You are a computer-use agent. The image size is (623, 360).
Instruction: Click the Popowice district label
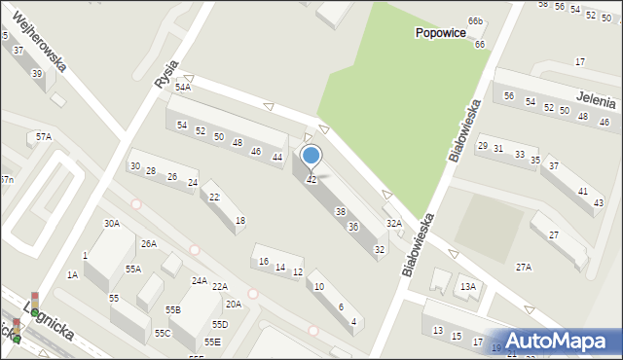[x=439, y=32]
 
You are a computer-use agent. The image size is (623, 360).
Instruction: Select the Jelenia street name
[x=595, y=100]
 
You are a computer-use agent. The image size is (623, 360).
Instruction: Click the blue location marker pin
[x=311, y=156]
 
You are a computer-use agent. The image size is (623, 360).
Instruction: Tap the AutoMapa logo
[x=564, y=341]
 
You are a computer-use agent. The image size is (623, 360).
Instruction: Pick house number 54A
[x=183, y=88]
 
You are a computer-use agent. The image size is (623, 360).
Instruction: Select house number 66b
[x=475, y=20]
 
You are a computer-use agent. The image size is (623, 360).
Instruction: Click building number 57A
[x=44, y=137]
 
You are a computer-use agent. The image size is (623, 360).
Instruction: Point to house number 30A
[x=112, y=223]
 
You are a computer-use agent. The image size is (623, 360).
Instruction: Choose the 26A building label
[x=148, y=243]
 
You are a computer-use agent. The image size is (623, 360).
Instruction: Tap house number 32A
[x=394, y=223]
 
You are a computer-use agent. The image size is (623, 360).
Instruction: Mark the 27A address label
[x=524, y=267]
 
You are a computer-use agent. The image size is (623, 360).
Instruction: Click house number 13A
[x=468, y=286]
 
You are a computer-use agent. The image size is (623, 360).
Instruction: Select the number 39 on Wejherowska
[x=37, y=74]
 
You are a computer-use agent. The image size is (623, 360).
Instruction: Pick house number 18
[x=239, y=221]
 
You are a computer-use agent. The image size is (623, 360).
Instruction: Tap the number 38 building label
[x=340, y=211]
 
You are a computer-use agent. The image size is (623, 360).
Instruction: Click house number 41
[x=582, y=191]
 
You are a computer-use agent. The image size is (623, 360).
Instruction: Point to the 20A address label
[x=234, y=304]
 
